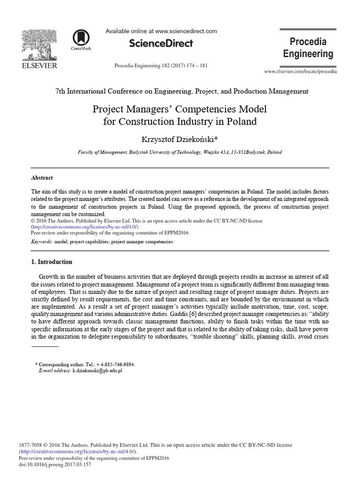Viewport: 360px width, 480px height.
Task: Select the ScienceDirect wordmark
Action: click(161, 44)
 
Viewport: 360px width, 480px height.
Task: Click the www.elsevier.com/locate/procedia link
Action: click(300, 71)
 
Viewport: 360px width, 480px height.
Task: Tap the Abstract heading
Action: click(42, 178)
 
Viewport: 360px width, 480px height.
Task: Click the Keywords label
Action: click(42, 242)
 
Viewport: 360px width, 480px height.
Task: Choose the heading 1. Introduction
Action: click(52, 262)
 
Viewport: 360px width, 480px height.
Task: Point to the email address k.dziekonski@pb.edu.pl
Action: click(97, 370)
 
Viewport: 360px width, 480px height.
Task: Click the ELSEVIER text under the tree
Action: click(40, 66)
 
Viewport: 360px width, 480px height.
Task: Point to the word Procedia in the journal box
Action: click(307, 41)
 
